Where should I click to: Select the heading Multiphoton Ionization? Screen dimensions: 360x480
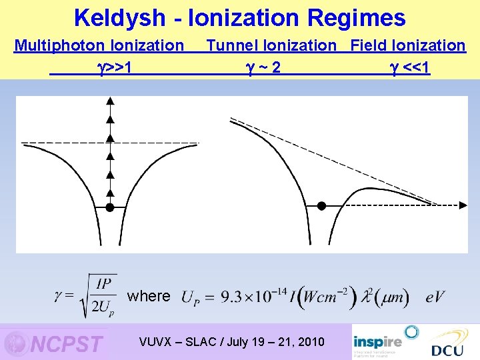(99, 45)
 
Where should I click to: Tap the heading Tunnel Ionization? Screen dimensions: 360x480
(271, 45)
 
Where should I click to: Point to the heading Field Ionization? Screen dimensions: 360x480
(408, 45)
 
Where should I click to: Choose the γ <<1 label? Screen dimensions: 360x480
(409, 67)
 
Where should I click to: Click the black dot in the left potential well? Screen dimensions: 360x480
(111, 207)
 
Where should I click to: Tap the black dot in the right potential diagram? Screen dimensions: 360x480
(321, 206)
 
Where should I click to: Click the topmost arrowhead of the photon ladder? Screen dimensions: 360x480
(111, 100)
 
